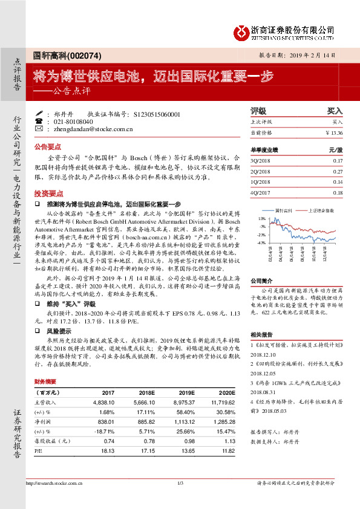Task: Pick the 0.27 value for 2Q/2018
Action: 337,172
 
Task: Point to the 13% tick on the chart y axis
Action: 262,218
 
